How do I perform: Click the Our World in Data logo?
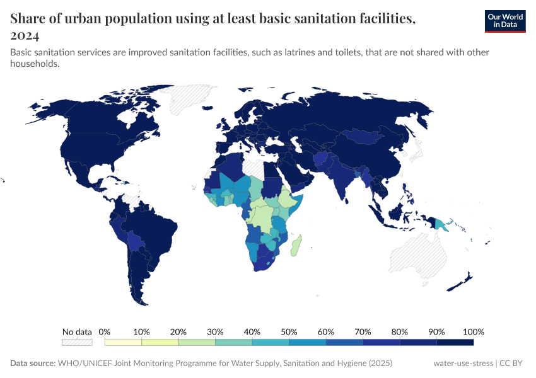pos(504,21)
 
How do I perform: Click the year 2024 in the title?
pos(25,35)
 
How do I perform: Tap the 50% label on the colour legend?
pos(289,332)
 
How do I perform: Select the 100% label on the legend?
pos(473,332)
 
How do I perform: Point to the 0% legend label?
pos(105,332)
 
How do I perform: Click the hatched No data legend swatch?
pos(77,342)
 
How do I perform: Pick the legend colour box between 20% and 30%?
pos(197,342)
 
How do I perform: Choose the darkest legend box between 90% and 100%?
pos(455,342)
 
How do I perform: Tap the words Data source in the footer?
pos(32,364)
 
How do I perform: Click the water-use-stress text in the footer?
pos(463,364)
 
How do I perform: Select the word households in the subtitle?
pos(35,64)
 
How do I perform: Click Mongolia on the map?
pos(366,137)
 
